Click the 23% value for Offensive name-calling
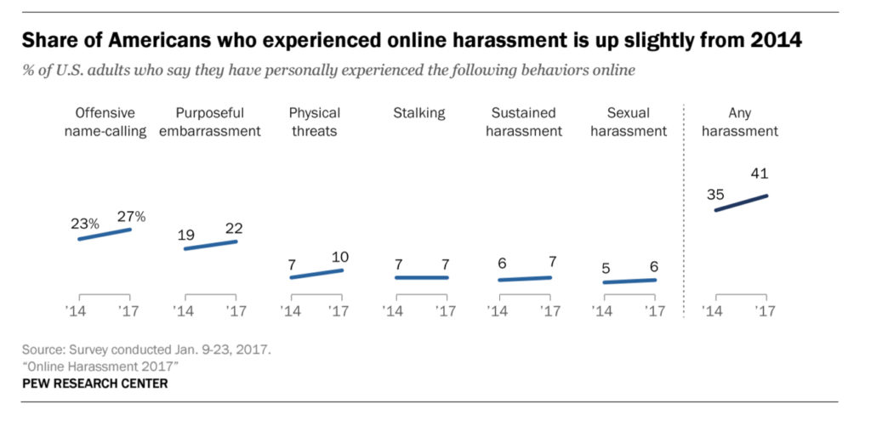85,224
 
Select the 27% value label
130,216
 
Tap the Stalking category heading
419,113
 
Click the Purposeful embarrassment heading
210,122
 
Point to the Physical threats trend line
316,274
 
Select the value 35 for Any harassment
715,194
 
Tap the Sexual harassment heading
629,122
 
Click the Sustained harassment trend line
525,278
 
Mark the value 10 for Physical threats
340,257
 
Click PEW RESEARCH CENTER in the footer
95,384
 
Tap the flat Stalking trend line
421,277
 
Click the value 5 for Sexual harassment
605,268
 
